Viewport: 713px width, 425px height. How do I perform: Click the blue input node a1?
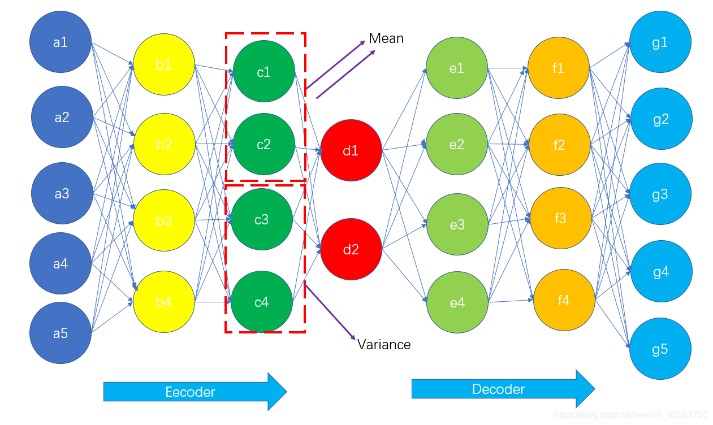point(61,42)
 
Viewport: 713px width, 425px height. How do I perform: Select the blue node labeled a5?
point(61,333)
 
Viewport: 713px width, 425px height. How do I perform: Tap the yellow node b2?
point(164,144)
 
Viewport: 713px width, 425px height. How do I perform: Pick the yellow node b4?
point(164,302)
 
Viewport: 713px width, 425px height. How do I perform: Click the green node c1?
point(263,71)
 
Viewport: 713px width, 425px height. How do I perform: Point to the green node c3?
point(262,219)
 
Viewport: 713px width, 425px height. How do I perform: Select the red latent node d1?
point(351,150)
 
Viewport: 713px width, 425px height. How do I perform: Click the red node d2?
point(351,249)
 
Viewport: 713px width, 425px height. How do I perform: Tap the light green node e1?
point(457,68)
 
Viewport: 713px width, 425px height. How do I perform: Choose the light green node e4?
point(457,302)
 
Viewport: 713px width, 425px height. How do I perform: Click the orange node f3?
point(560,218)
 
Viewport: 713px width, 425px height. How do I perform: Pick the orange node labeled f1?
point(559,68)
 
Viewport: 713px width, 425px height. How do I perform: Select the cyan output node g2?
point(661,119)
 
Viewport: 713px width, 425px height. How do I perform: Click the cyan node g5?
point(660,349)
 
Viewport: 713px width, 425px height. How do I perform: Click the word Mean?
point(386,38)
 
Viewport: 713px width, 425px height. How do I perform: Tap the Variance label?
point(384,344)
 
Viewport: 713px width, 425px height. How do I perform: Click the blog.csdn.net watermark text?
point(630,415)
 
